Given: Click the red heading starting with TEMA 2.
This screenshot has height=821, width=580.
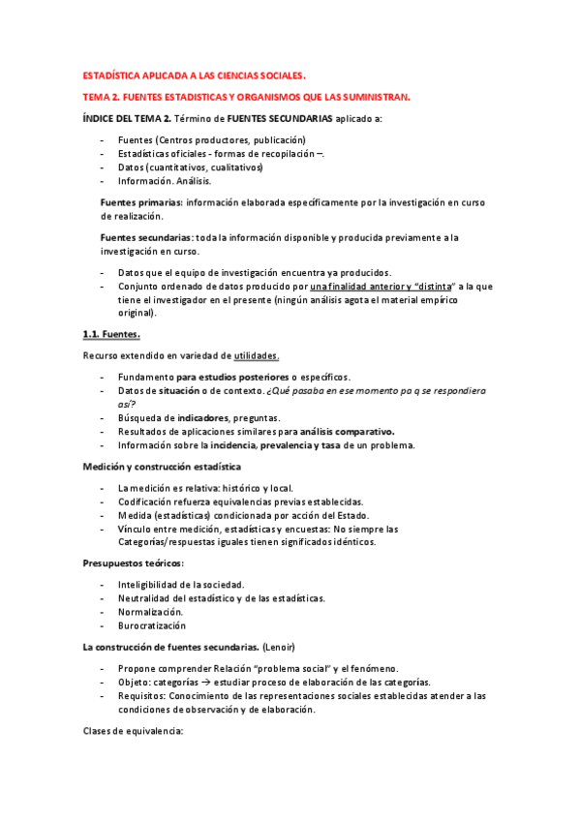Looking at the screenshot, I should (x=246, y=97).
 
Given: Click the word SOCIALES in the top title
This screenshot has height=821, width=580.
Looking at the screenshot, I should (x=277, y=75).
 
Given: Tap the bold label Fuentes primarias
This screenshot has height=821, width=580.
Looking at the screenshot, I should (x=140, y=202).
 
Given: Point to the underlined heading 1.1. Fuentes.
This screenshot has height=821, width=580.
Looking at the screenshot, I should (x=111, y=335).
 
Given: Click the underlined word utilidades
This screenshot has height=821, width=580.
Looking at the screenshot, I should (x=257, y=356).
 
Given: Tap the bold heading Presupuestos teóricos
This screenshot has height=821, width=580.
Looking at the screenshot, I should (x=133, y=563).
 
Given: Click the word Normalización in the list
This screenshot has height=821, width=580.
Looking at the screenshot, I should (x=150, y=612).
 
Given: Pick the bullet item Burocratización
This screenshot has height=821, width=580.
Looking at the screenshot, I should (x=152, y=625).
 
